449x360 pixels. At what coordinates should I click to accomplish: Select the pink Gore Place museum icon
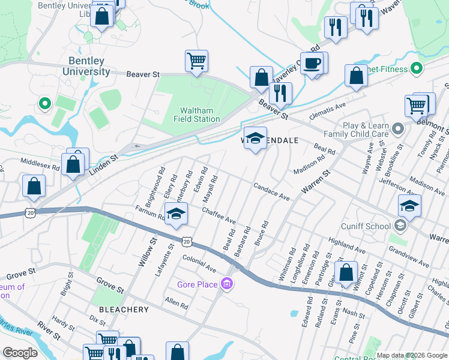[x=227, y=283]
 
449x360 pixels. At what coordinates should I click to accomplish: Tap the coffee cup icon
[x=312, y=63]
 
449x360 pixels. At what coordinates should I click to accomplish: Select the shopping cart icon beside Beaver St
[x=196, y=60]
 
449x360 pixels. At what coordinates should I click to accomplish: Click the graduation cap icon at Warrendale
[x=255, y=138]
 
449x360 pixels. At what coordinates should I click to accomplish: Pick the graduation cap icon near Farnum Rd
[x=175, y=214]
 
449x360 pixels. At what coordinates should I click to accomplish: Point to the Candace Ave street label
[x=271, y=192]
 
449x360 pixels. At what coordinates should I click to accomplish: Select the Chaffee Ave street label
[x=218, y=217]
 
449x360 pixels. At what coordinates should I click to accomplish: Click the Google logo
[x=20, y=353]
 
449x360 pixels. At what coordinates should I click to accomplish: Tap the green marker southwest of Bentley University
[x=43, y=104]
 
